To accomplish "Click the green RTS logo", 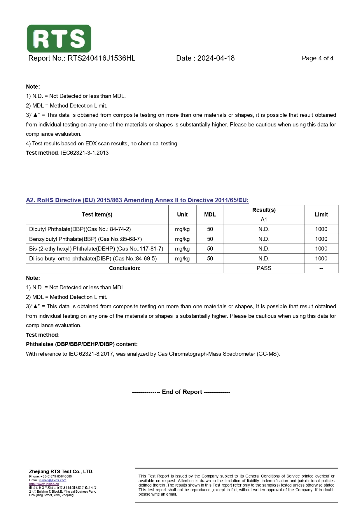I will tap(59, 38).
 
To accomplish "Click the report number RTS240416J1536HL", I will tap(102, 58).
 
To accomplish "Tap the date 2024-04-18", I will tap(216, 58).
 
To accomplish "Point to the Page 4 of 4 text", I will tap(317, 58).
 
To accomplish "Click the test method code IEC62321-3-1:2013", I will tap(85, 153).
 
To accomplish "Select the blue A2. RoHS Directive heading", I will tap(137, 200).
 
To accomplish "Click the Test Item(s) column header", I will tap(97, 215).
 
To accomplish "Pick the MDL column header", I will tap(210, 215).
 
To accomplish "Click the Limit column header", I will tap(321, 215).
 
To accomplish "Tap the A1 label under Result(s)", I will tap(264, 219).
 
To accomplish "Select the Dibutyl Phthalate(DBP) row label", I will tap(80, 229).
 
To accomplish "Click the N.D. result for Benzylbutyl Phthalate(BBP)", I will tap(264, 239).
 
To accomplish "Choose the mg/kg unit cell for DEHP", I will tap(182, 249).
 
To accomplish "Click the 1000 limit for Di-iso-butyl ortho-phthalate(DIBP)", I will tap(321, 259).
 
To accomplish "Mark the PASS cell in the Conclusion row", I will tap(264, 268).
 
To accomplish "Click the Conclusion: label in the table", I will tap(125, 268).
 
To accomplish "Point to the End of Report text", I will tap(181, 392).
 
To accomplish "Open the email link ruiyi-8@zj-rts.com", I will tap(53, 480).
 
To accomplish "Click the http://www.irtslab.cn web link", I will tap(44, 484).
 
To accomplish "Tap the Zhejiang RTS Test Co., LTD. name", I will tap(61, 471).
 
